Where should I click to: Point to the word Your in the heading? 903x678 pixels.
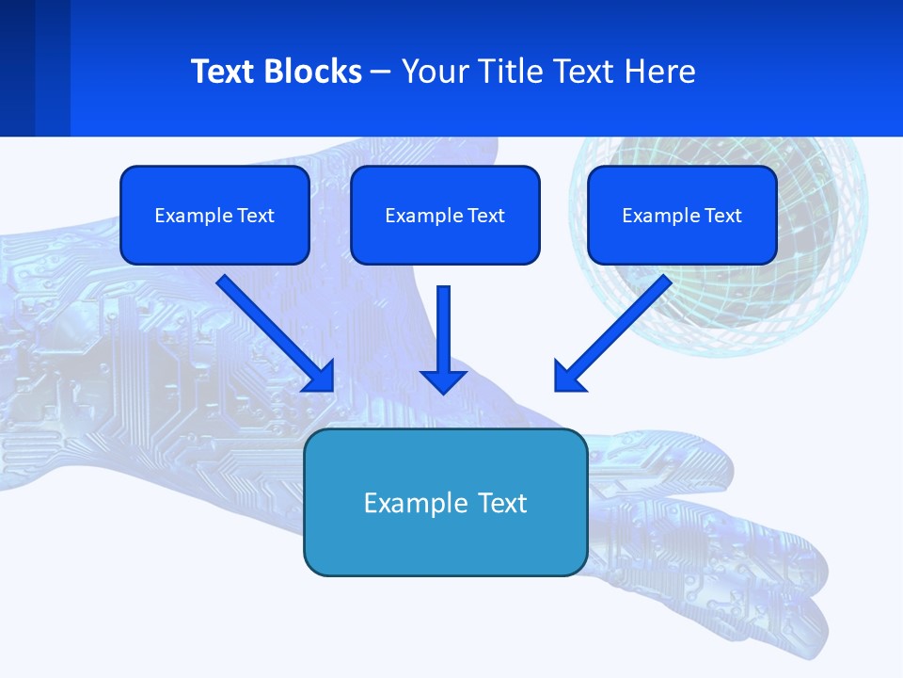click(434, 72)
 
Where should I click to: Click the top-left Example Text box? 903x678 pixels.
click(214, 215)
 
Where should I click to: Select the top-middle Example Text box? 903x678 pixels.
click(445, 215)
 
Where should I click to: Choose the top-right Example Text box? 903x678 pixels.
click(682, 215)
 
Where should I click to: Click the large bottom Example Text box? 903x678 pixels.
click(445, 503)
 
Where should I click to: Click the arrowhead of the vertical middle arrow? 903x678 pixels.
click(444, 380)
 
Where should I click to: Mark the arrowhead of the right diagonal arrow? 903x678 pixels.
click(567, 378)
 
